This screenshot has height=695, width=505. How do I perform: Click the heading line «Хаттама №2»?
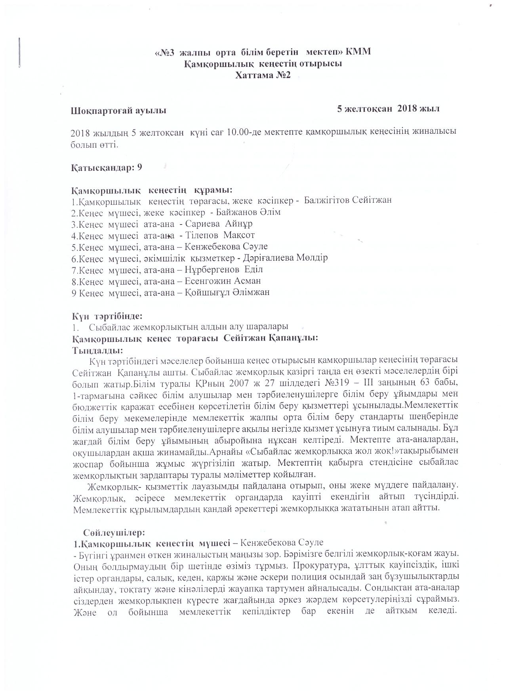pyautogui.click(x=263, y=75)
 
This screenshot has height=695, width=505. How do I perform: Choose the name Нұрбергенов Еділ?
pyautogui.click(x=224, y=270)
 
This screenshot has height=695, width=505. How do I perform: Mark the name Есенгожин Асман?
pyautogui.click(x=223, y=281)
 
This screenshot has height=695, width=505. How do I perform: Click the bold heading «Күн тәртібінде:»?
pyautogui.click(x=107, y=316)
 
